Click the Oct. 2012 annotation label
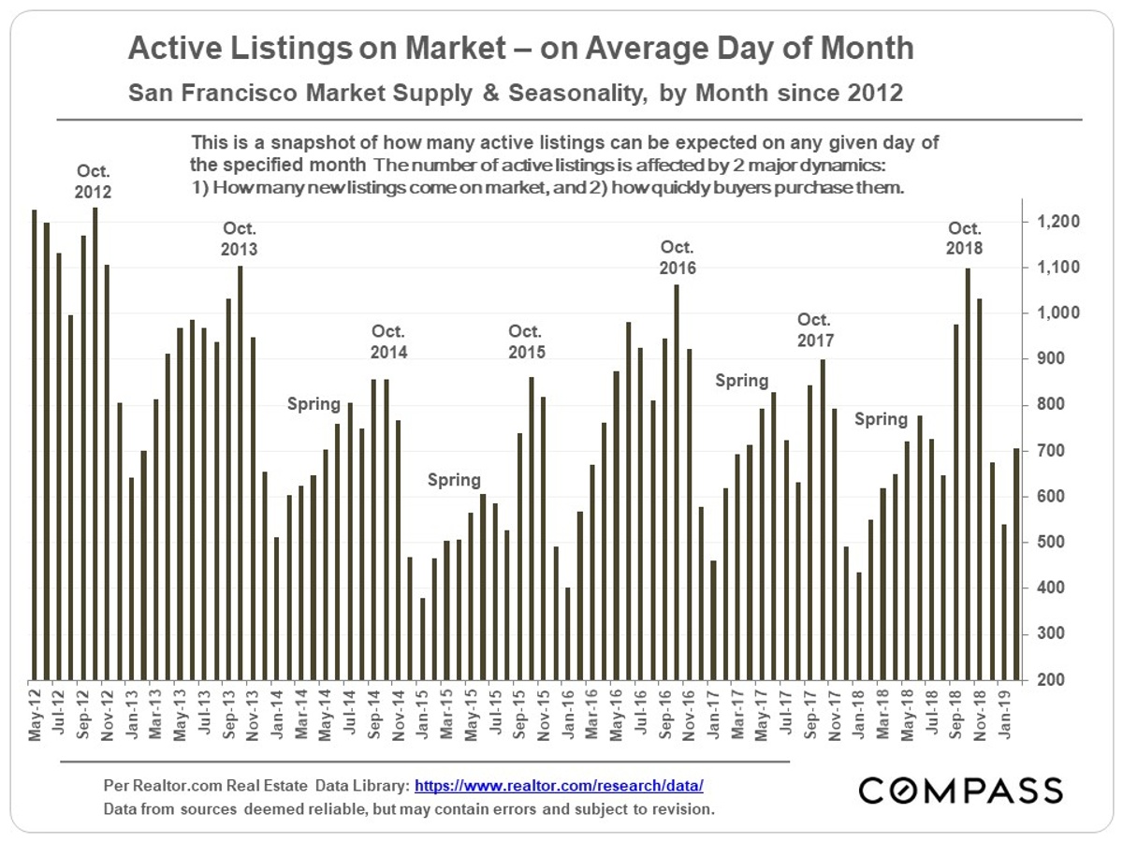click(x=95, y=182)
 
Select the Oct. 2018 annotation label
click(x=965, y=239)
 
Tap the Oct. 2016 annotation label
click(x=677, y=257)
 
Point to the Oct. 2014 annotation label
click(x=389, y=341)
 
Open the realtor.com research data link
click(x=559, y=787)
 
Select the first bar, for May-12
click(x=35, y=444)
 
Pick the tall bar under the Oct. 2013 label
click(x=241, y=472)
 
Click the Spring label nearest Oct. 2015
click(x=454, y=480)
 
